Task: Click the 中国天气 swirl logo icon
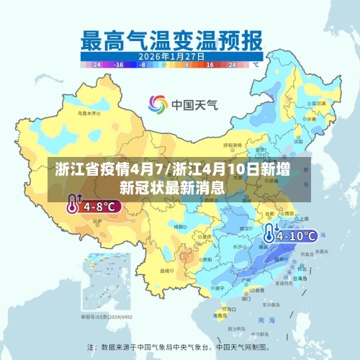coord(158,104)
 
